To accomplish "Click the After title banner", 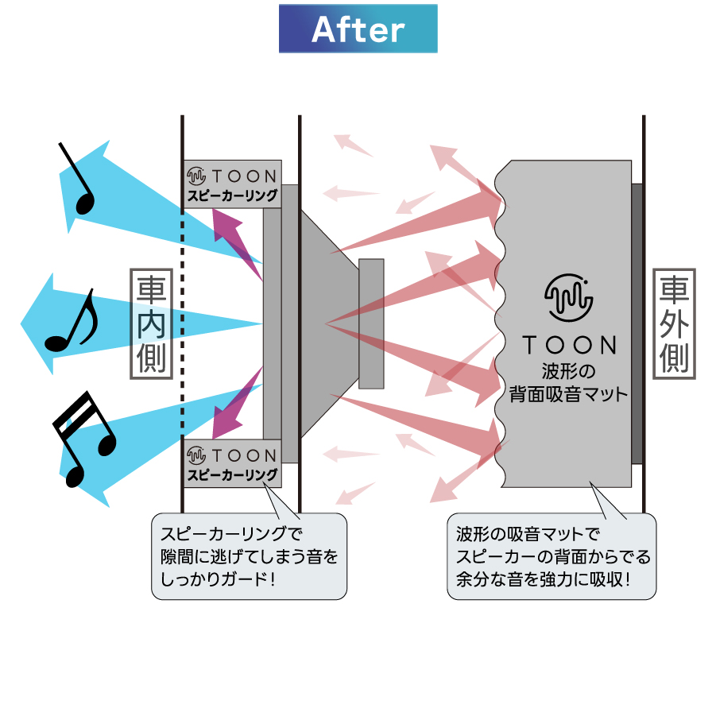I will [x=358, y=29].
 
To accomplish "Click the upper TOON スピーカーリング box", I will [x=232, y=184].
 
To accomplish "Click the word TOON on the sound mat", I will [x=569, y=345].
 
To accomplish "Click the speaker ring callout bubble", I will [x=249, y=555].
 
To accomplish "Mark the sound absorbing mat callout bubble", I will [x=552, y=555].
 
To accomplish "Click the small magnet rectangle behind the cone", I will [x=371, y=323].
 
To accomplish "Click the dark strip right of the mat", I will [x=637, y=323].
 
